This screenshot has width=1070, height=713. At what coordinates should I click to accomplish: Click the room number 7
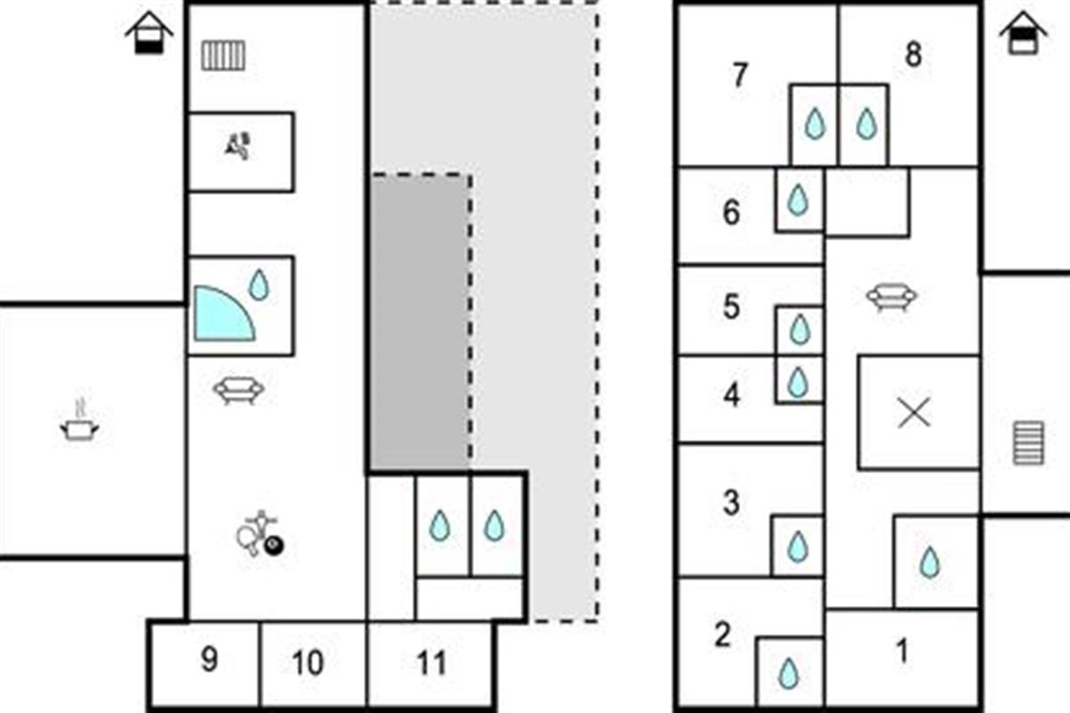pyautogui.click(x=739, y=75)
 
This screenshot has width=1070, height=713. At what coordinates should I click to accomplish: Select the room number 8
pyautogui.click(x=913, y=54)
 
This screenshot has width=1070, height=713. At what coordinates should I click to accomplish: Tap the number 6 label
pyautogui.click(x=731, y=212)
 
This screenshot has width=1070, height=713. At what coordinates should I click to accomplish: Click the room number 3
pyautogui.click(x=731, y=503)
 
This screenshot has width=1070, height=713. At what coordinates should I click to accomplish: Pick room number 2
pyautogui.click(x=723, y=635)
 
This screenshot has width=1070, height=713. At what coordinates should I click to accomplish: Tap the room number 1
pyautogui.click(x=902, y=651)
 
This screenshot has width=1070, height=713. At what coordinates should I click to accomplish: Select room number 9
pyautogui.click(x=210, y=660)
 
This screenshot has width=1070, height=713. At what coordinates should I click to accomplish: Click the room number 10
pyautogui.click(x=308, y=663)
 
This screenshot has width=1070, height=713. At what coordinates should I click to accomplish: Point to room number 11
pyautogui.click(x=432, y=663)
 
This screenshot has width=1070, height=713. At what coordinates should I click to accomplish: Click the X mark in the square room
pyautogui.click(x=914, y=412)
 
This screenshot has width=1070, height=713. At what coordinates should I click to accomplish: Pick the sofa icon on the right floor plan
pyautogui.click(x=892, y=297)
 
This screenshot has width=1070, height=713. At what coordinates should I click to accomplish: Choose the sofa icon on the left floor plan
pyautogui.click(x=238, y=390)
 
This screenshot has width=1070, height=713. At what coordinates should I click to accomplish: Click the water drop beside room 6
pyautogui.click(x=797, y=201)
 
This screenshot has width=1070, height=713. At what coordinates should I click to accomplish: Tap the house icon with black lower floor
pyautogui.click(x=149, y=33)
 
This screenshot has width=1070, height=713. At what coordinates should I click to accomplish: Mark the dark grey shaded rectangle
pyautogui.click(x=420, y=322)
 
